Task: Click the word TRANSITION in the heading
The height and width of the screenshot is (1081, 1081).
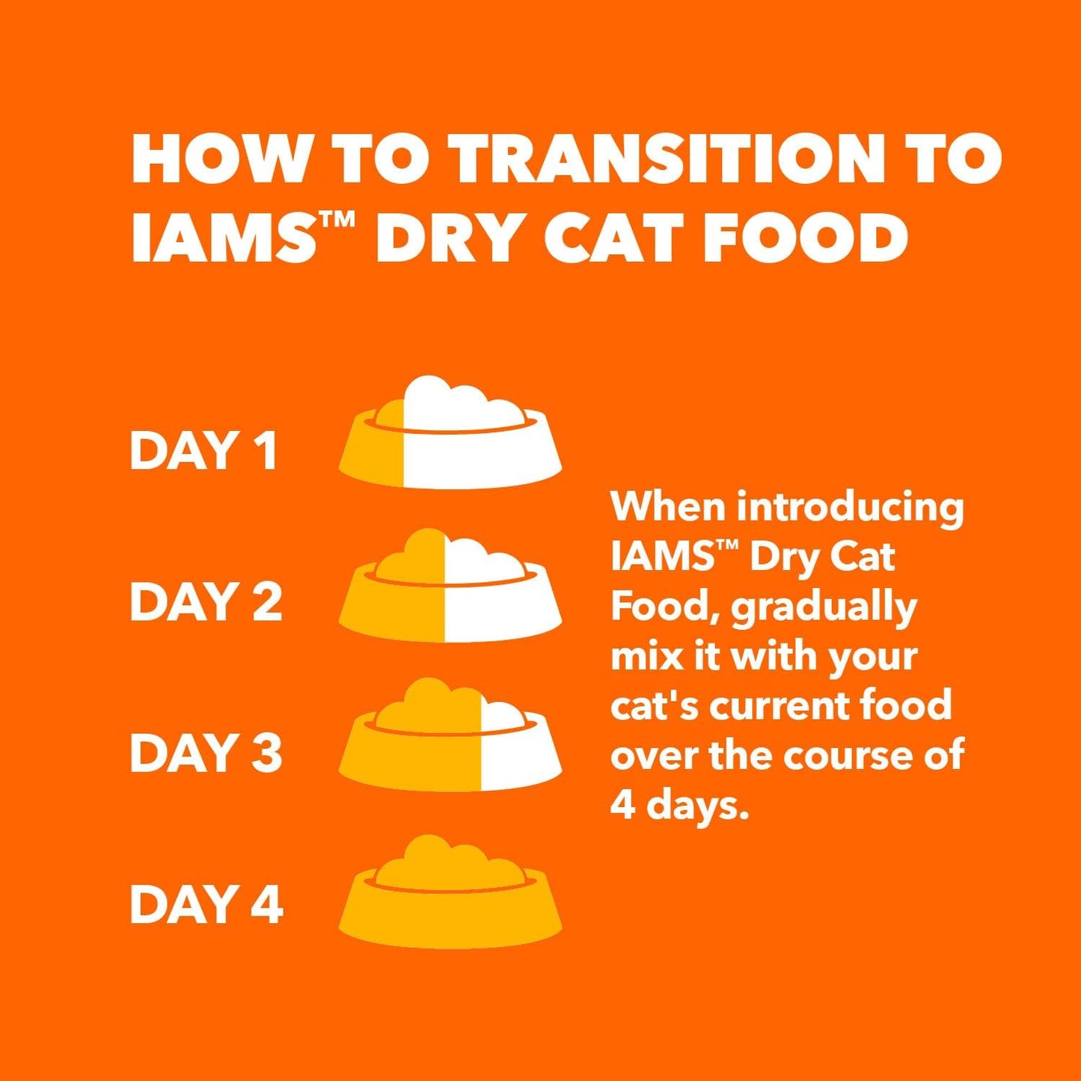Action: (668, 159)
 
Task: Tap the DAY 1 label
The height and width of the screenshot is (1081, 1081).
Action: (203, 450)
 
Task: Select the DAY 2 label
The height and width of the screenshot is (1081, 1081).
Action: (206, 602)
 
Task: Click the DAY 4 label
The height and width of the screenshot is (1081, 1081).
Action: (206, 904)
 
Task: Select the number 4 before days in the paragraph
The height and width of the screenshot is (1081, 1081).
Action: (622, 805)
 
